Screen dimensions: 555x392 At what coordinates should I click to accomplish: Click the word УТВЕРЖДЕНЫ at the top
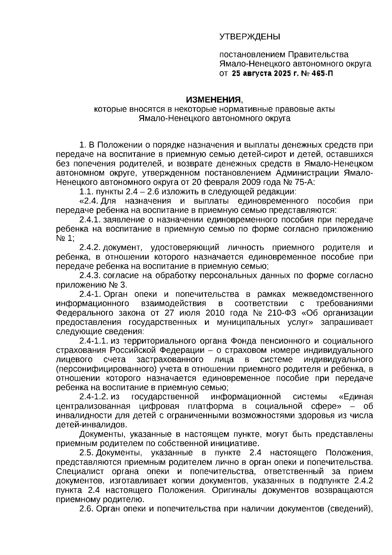click(249, 36)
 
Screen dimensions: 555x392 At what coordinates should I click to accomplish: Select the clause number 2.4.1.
click(90, 219)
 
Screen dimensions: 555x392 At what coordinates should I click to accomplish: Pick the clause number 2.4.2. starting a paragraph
click(90, 247)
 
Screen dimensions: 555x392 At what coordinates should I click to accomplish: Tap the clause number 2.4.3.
click(90, 275)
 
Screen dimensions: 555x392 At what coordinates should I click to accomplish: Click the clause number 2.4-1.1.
click(93, 341)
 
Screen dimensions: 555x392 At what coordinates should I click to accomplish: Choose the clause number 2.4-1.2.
click(93, 397)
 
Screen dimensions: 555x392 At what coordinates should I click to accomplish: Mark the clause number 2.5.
click(87, 453)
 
